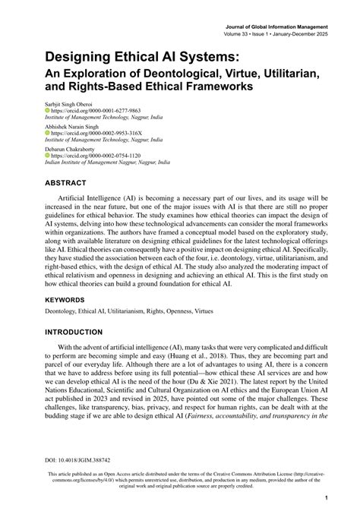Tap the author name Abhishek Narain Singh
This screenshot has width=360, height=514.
(74, 126)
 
